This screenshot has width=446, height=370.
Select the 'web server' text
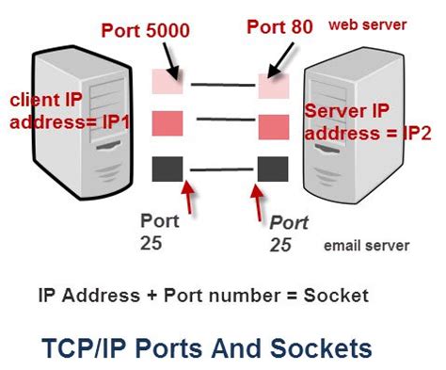tap(361, 21)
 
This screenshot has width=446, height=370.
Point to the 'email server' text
tap(367, 246)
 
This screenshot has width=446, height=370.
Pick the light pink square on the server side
tap(272, 88)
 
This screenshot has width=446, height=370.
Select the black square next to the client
tap(166, 169)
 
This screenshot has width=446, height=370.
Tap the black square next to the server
tap(272, 169)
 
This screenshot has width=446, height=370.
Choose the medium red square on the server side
tap(272, 126)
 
